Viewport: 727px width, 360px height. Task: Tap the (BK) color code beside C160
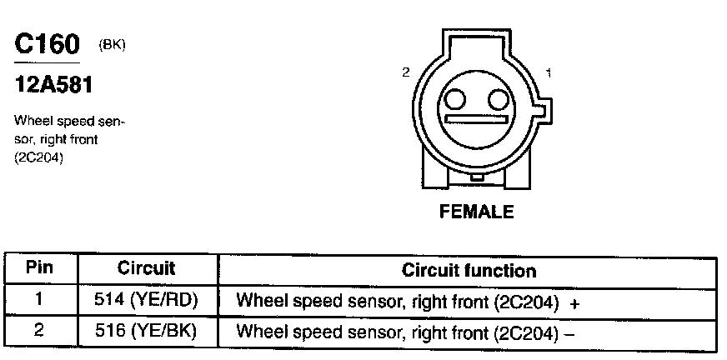(x=112, y=45)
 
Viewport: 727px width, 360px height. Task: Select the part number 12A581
(x=52, y=84)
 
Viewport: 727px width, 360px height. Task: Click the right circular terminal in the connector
(x=498, y=101)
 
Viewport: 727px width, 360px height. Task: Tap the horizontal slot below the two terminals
(x=476, y=120)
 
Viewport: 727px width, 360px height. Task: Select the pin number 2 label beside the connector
(x=406, y=72)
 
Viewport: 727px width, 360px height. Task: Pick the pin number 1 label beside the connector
(x=548, y=72)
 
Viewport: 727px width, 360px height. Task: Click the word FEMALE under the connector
(x=476, y=212)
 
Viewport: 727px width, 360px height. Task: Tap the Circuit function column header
(x=469, y=271)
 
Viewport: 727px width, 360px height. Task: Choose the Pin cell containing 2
(x=39, y=330)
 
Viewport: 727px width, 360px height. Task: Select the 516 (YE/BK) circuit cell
(x=146, y=331)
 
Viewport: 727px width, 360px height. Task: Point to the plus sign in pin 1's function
(x=574, y=302)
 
